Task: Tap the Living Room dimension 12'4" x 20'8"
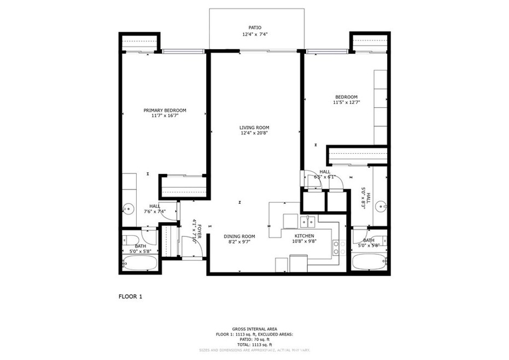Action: pyautogui.click(x=254, y=133)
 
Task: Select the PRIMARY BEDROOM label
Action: pyautogui.click(x=165, y=109)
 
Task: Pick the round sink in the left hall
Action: pyautogui.click(x=128, y=208)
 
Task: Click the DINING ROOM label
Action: pyautogui.click(x=239, y=236)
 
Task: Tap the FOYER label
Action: pyautogui.click(x=199, y=229)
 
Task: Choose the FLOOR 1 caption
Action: pyautogui.click(x=130, y=297)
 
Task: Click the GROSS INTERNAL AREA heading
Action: pyautogui.click(x=254, y=329)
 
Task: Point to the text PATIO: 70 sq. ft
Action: pyautogui.click(x=254, y=339)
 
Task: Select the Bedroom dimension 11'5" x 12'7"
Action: pyautogui.click(x=346, y=102)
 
